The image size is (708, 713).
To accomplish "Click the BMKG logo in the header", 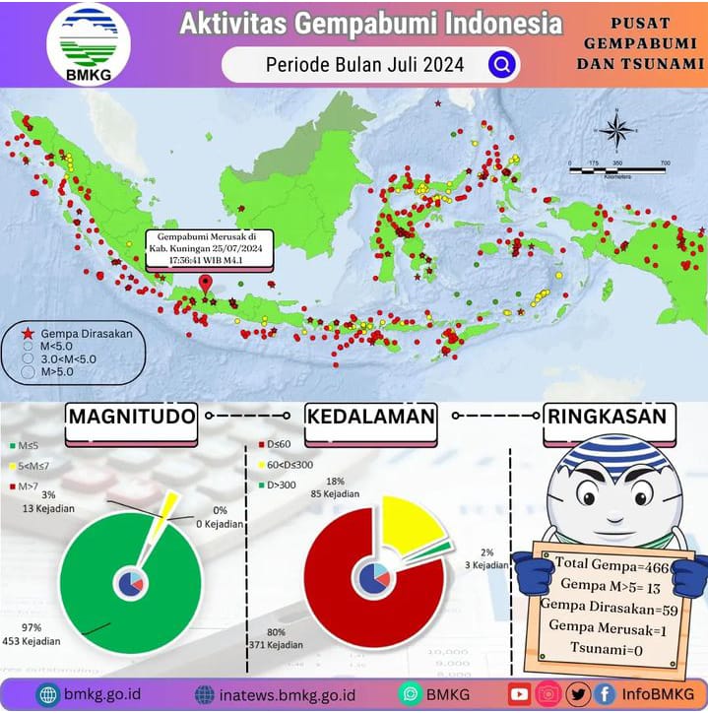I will click(88, 43).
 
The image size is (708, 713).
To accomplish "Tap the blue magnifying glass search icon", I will click(501, 65).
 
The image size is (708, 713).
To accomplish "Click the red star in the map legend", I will click(28, 333).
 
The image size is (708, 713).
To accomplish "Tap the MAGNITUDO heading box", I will click(131, 417).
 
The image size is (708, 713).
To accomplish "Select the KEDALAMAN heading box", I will click(370, 417).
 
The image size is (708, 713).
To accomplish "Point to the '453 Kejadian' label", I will click(34, 641).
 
